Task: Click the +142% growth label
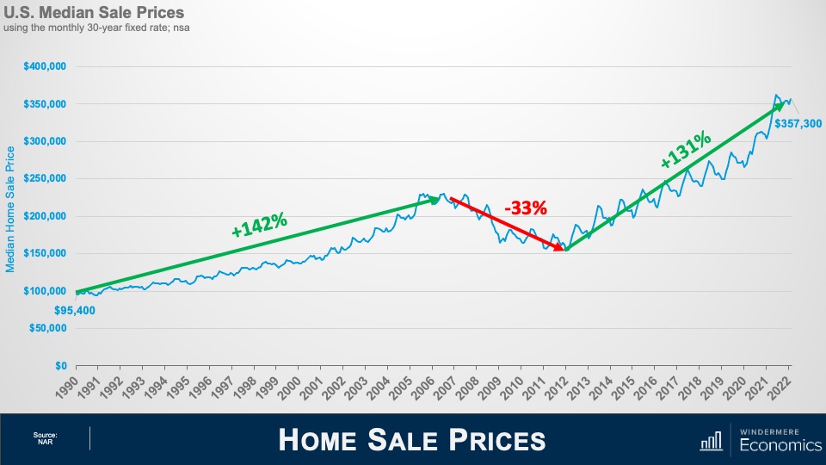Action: (259, 224)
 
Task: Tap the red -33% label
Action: (526, 208)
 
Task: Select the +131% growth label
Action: (686, 149)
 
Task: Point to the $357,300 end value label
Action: (798, 124)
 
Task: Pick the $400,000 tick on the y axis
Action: (46, 66)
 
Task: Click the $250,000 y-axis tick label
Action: (46, 178)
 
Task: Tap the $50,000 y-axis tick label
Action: (50, 328)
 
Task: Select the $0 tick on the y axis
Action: (60, 365)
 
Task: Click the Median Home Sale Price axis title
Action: (11, 208)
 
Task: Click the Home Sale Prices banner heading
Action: (412, 440)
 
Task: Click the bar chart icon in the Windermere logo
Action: (711, 442)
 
